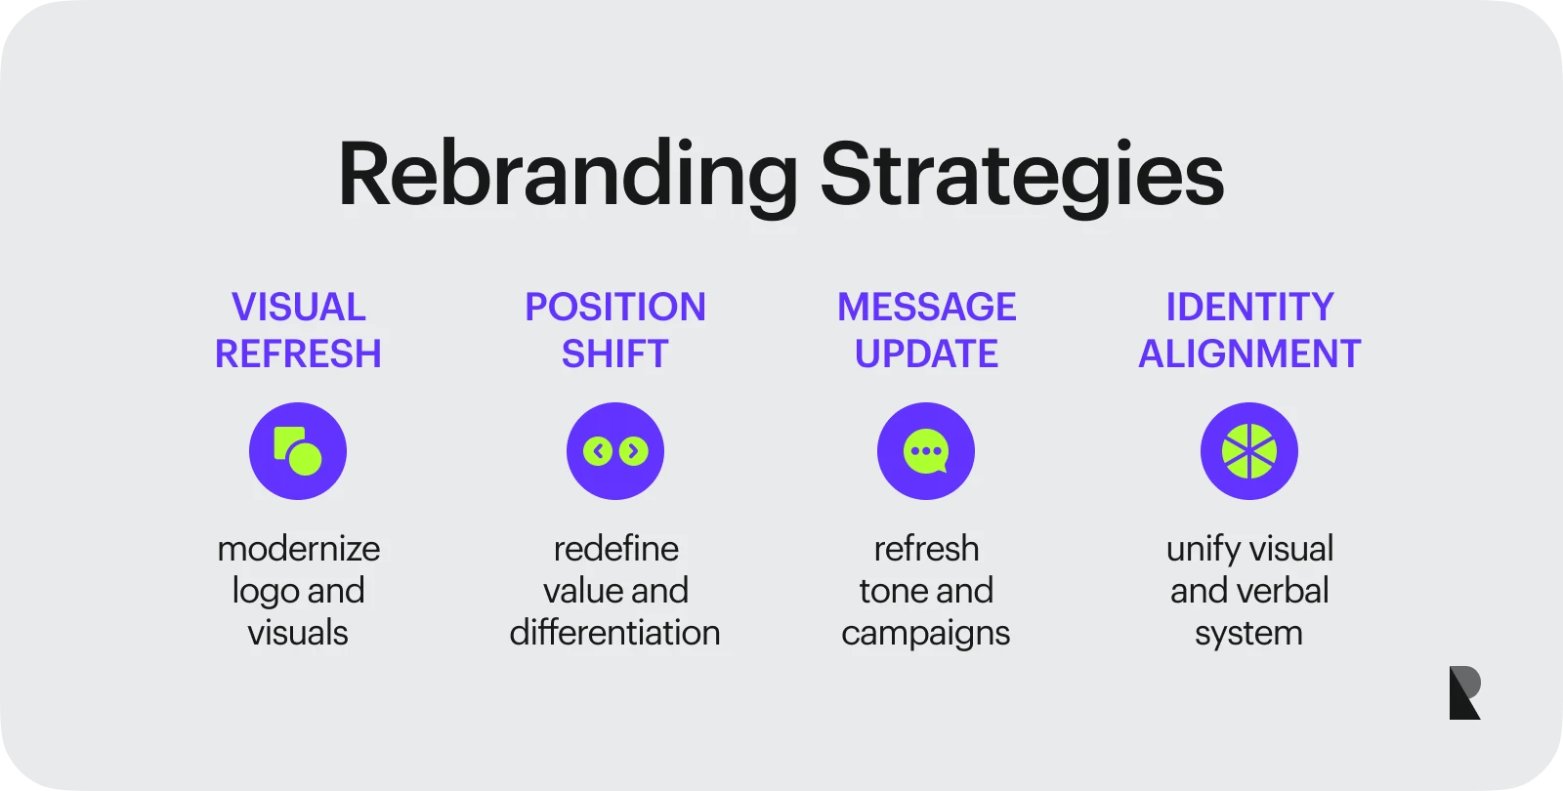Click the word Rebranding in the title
(x=568, y=176)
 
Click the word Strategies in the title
(x=1022, y=176)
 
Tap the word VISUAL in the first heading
(x=298, y=307)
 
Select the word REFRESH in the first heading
(x=298, y=354)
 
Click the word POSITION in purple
(x=614, y=307)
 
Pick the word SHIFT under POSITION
(x=614, y=354)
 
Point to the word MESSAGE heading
(x=926, y=307)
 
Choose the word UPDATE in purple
(x=926, y=354)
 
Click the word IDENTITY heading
(x=1249, y=307)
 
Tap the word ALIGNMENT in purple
(x=1249, y=354)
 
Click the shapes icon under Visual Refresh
(x=298, y=451)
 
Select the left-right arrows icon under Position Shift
(x=614, y=451)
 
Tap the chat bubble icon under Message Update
(x=926, y=451)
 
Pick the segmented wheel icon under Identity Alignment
(x=1249, y=451)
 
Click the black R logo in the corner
(x=1464, y=693)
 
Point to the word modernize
(x=298, y=549)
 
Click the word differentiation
(x=614, y=633)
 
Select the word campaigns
(x=926, y=634)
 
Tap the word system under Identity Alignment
(x=1249, y=634)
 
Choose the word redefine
(x=615, y=549)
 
